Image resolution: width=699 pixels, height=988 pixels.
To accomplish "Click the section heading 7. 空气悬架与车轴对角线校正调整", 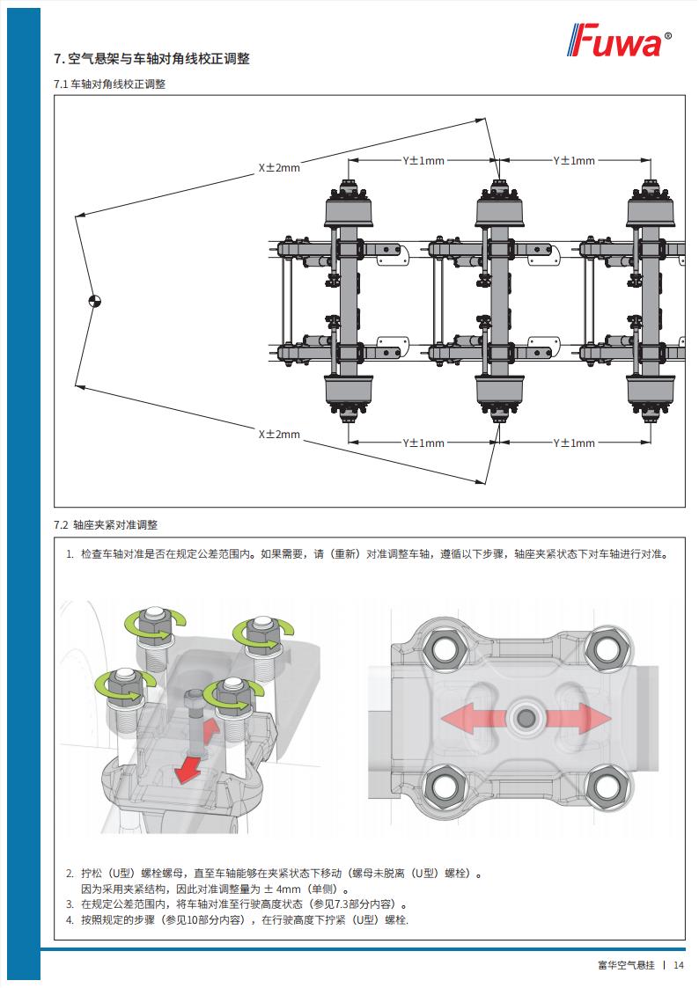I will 151,59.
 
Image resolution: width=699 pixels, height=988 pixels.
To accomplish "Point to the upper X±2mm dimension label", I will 278,167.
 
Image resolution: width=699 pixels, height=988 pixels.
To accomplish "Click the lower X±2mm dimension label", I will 278,435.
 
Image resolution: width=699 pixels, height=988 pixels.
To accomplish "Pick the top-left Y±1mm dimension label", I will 423,161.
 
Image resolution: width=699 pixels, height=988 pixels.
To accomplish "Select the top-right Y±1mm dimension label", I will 573,161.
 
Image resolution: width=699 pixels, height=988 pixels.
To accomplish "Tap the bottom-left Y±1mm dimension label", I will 423,443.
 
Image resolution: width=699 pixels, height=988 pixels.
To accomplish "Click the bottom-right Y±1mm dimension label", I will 573,443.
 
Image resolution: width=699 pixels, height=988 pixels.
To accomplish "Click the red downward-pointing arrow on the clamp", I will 188,772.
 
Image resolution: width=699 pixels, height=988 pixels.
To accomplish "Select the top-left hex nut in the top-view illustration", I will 444,650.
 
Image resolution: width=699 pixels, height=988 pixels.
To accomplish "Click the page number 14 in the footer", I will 679,965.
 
